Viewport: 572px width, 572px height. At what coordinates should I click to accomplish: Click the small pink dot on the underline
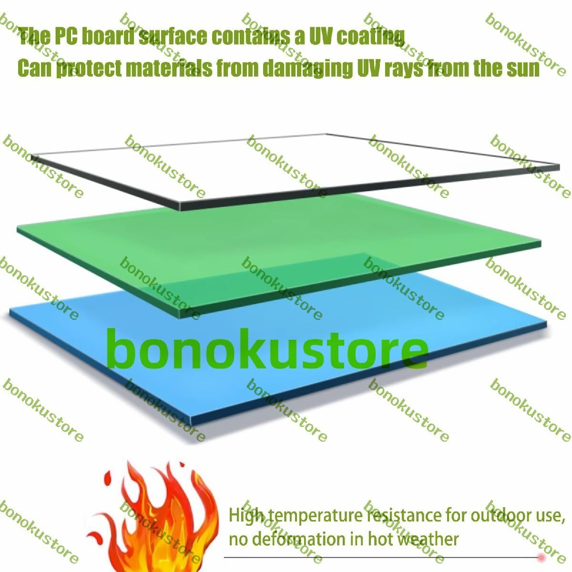coord(541,557)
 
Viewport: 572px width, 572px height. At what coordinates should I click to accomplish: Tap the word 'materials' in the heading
coord(169,69)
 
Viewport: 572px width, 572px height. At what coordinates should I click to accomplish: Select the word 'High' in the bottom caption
coord(246,516)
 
